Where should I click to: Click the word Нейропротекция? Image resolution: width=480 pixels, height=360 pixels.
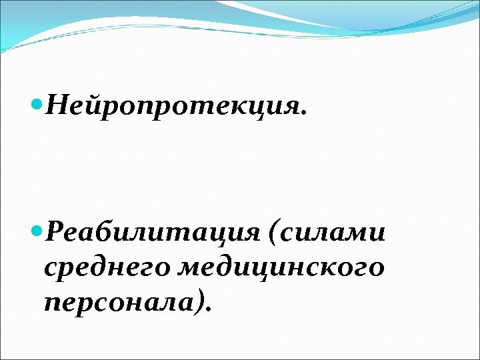(175, 105)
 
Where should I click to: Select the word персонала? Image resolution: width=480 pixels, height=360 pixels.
(118, 303)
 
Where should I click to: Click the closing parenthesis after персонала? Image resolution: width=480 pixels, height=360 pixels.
(199, 303)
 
